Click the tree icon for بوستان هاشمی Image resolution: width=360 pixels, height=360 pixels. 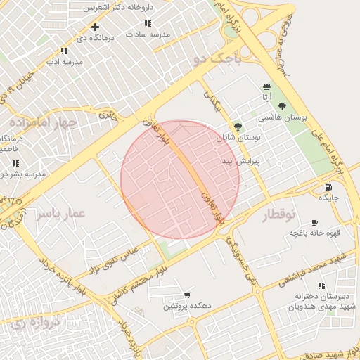coord(282,105)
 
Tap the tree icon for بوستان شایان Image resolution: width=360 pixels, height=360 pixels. coord(238,127)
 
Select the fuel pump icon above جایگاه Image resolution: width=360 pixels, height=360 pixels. coord(329,186)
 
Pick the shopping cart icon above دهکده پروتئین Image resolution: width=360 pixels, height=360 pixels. coord(187,295)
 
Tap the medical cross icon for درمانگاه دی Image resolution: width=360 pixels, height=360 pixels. coord(95,27)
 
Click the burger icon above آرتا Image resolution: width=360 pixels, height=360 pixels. coord(266,87)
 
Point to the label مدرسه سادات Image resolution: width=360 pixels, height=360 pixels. coord(148,34)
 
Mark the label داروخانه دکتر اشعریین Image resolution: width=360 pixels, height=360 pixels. coord(117,8)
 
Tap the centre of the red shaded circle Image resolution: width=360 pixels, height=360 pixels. coord(180,179)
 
